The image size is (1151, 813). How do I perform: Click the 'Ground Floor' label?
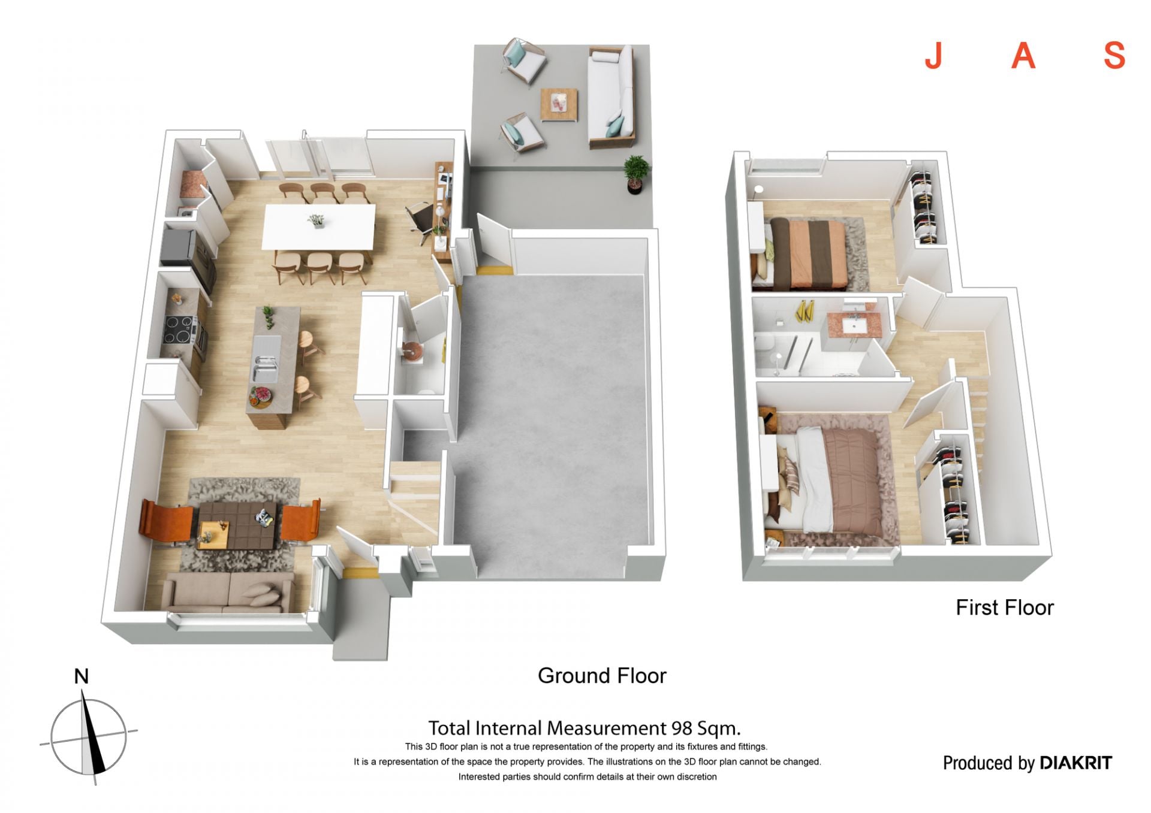(x=602, y=676)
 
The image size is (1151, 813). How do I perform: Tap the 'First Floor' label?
(x=1004, y=608)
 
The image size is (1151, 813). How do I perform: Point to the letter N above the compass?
(x=81, y=676)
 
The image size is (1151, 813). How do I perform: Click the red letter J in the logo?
(x=933, y=56)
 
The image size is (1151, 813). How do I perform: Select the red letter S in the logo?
(x=1114, y=56)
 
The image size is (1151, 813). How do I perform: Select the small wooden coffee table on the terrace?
(x=559, y=105)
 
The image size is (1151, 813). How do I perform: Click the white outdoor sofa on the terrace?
(x=611, y=97)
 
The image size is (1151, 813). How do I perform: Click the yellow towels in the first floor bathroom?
(x=803, y=312)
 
